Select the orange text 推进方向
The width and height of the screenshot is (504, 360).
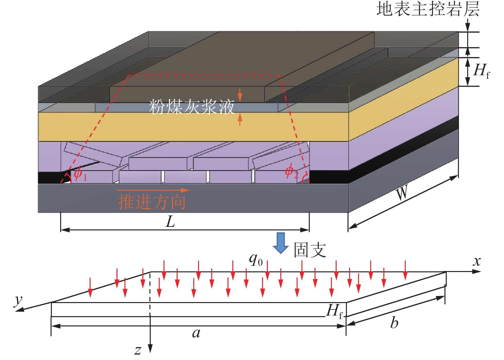[x=152, y=202]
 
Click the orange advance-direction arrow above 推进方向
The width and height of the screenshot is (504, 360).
[x=153, y=190]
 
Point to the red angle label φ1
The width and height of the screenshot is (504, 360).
[x=80, y=174]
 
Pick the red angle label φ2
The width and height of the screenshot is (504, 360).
[x=292, y=172]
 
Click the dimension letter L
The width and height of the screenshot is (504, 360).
[x=170, y=221]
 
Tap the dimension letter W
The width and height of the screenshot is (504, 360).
[x=402, y=193]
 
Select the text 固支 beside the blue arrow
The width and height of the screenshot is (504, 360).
[x=310, y=250]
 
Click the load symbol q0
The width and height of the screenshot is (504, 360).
[x=256, y=260]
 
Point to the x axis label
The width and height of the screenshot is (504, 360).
[x=477, y=261]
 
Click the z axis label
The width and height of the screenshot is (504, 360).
[x=138, y=350]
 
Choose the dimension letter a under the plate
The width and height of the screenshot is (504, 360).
[x=196, y=333]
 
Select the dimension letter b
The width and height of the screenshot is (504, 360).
[x=394, y=323]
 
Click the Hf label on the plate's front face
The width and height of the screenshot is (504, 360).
[x=335, y=311]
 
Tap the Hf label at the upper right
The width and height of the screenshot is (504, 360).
[x=481, y=70]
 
